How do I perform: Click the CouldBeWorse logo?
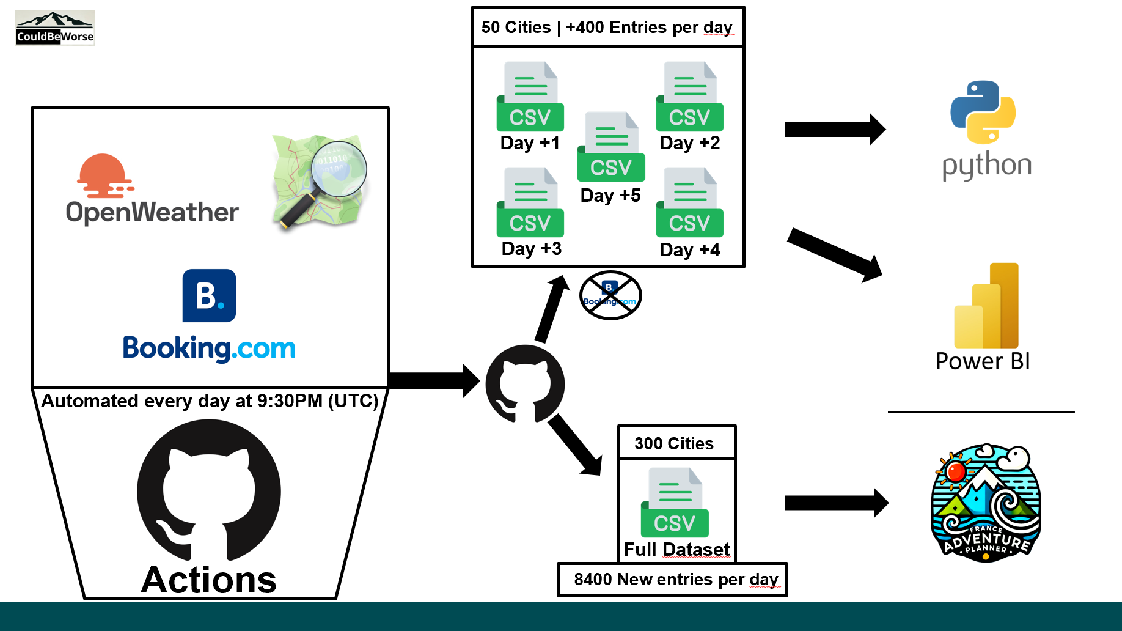point(55,28)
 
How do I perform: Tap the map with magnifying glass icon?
point(320,182)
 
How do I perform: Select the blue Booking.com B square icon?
point(209,295)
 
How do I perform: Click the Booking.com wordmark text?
point(209,349)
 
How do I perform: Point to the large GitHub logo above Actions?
point(209,489)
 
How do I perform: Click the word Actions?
point(209,580)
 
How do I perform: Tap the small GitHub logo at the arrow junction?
point(525,384)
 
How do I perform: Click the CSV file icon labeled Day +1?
point(530,97)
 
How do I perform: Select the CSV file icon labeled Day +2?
point(689,97)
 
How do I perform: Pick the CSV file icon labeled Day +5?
point(610,147)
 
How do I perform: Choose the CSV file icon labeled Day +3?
point(530,202)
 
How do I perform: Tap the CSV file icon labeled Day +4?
point(689,202)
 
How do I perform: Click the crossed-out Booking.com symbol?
point(610,295)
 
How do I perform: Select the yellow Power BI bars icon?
point(986,306)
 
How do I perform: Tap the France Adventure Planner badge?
point(985,502)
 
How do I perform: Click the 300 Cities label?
point(674,443)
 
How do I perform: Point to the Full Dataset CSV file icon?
point(675,502)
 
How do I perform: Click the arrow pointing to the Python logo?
point(835,129)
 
